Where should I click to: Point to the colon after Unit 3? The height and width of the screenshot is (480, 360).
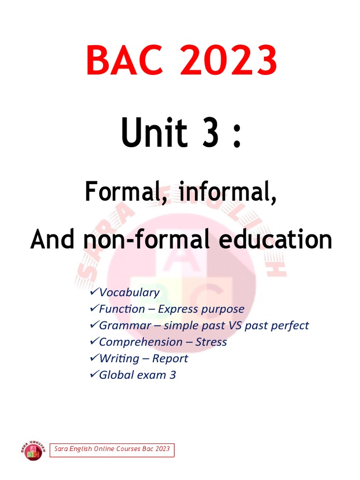tap(237, 136)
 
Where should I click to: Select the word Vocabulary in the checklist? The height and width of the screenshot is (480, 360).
tap(129, 292)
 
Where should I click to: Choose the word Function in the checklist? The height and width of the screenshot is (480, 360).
tap(122, 309)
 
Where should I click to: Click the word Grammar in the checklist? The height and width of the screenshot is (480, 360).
tap(125, 326)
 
